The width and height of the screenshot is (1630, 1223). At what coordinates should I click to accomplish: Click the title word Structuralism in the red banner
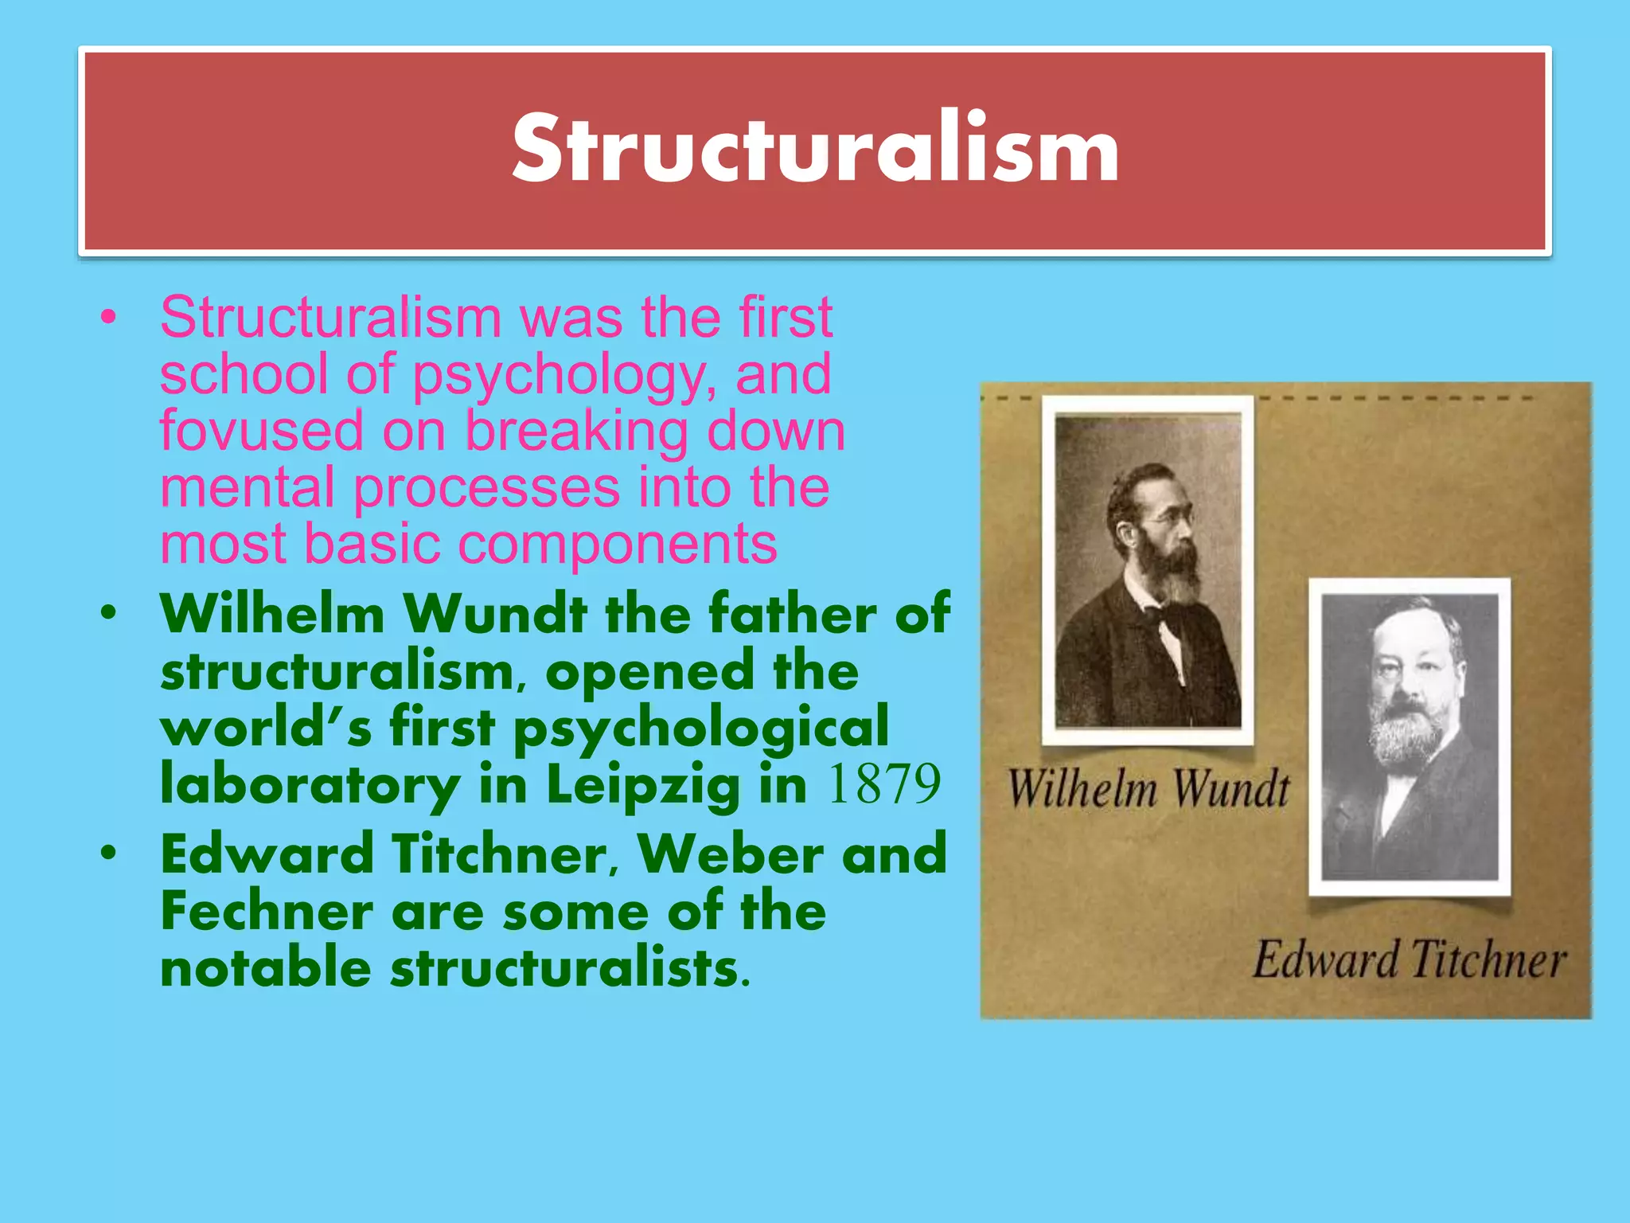pyautogui.click(x=815, y=150)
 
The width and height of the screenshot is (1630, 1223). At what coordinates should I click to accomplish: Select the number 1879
pyautogui.click(x=884, y=784)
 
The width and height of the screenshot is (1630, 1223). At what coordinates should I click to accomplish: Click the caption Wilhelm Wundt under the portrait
pyautogui.click(x=1148, y=789)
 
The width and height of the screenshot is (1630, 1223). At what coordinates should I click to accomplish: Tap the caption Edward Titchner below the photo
pyautogui.click(x=1409, y=959)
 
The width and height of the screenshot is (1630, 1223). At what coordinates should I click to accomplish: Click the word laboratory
pyautogui.click(x=310, y=785)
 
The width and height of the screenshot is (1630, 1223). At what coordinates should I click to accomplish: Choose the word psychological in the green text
pyautogui.click(x=700, y=729)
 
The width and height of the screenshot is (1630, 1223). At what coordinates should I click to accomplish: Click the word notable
pyautogui.click(x=266, y=969)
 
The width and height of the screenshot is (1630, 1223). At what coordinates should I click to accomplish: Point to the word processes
pyautogui.click(x=486, y=488)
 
